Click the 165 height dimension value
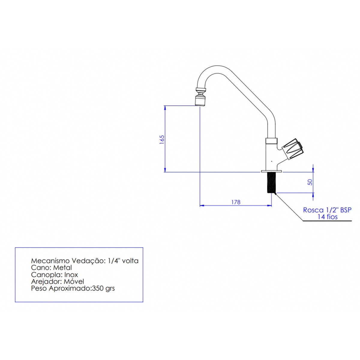pyautogui.click(x=162, y=139)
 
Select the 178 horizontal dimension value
pyautogui.click(x=236, y=202)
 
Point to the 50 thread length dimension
pyautogui.click(x=310, y=182)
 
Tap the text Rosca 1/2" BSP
pyautogui.click(x=327, y=210)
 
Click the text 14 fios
pyautogui.click(x=328, y=217)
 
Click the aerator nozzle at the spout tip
pyautogui.click(x=200, y=100)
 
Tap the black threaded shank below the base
pyautogui.click(x=271, y=183)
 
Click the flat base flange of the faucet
pyautogui.click(x=271, y=171)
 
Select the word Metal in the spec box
pyautogui.click(x=62, y=268)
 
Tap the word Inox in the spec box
pyautogui.click(x=71, y=274)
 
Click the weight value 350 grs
pyautogui.click(x=103, y=288)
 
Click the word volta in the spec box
pyautogui.click(x=130, y=261)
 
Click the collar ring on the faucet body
pyautogui.click(x=271, y=141)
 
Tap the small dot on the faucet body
pyautogui.click(x=271, y=161)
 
